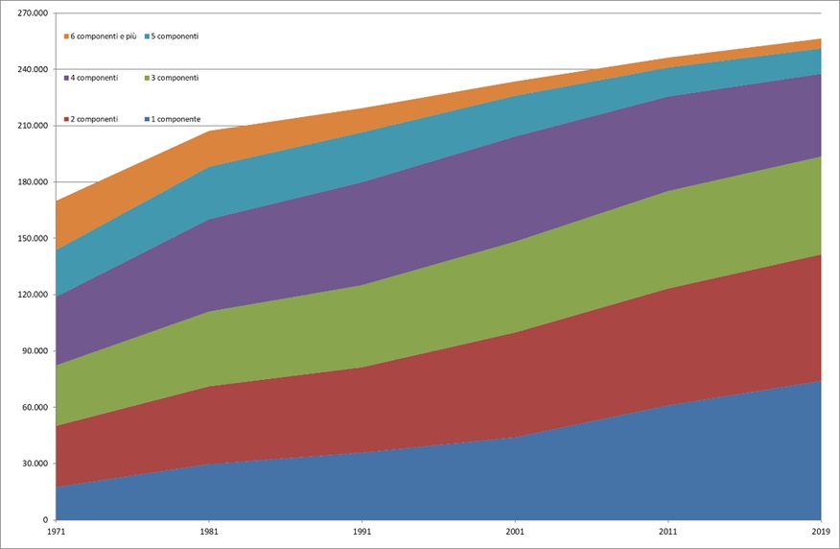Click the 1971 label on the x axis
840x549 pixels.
tap(57, 529)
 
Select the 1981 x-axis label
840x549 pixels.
tap(209, 529)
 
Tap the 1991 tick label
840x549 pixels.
tap(362, 529)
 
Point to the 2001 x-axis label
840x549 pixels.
tap(515, 529)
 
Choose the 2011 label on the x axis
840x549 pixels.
tap(668, 529)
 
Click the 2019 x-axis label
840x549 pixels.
tap(821, 529)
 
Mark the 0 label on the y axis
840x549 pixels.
tap(45, 519)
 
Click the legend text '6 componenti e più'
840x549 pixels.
tap(105, 36)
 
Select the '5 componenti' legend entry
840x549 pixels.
tap(175, 36)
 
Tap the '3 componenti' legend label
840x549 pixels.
tap(175, 78)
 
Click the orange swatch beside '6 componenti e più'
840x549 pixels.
tap(67, 36)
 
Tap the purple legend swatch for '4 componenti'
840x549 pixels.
tap(67, 78)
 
